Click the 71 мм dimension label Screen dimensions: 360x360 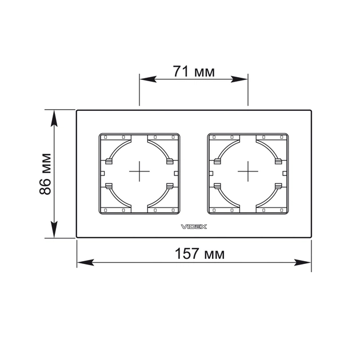[194, 71]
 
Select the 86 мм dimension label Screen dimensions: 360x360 [45, 174]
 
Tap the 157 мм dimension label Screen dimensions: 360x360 [199, 254]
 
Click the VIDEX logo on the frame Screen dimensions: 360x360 [194, 227]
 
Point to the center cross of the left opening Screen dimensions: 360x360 [139, 171]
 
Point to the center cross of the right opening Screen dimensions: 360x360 [248, 171]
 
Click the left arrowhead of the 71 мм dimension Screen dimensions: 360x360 [148, 79]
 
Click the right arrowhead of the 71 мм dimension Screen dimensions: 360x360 [239, 79]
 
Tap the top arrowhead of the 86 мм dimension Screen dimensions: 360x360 [54, 118]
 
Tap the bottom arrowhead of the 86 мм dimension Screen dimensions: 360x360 [54, 229]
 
